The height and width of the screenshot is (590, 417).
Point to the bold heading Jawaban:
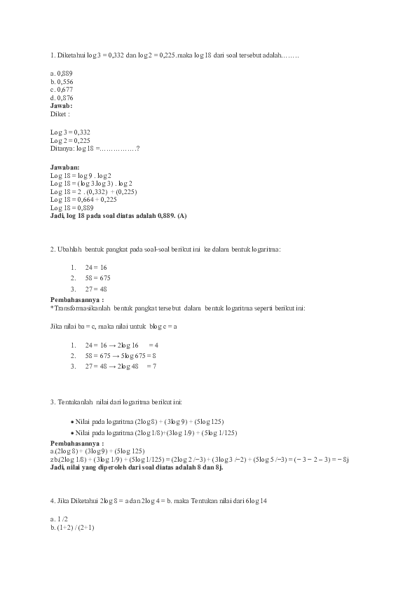coord(65,167)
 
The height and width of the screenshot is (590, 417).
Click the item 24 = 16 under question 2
coord(95,268)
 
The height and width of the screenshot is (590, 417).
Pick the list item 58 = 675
coord(97,278)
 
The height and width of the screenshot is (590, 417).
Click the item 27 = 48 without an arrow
coord(95,289)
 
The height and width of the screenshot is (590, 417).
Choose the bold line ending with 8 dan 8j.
coord(137,467)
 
